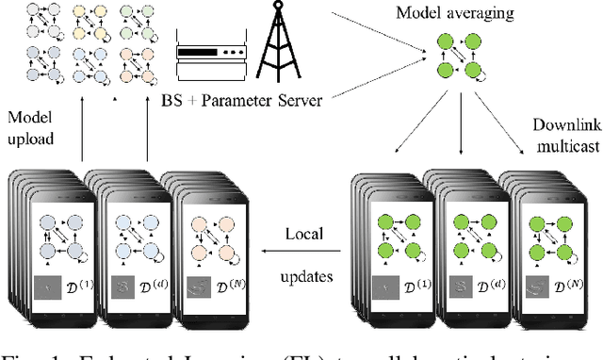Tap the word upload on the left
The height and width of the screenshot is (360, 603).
click(32, 139)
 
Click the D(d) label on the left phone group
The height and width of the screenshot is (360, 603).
click(149, 284)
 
